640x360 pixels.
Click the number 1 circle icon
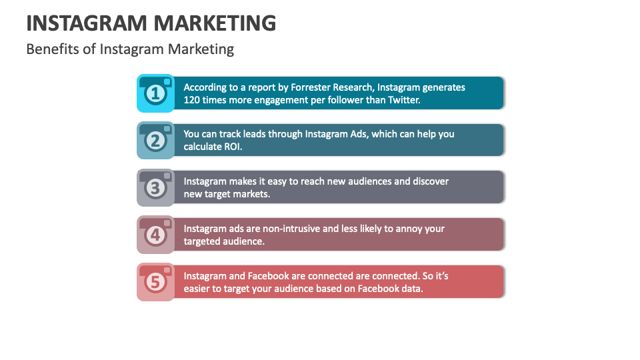pos(155,94)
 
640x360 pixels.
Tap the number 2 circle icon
pos(155,141)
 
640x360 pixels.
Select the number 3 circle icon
pos(155,188)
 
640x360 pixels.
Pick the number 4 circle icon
pos(155,235)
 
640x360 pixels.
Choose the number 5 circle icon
pos(155,283)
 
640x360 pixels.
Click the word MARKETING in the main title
pos(215,23)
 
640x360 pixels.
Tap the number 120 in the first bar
pos(193,100)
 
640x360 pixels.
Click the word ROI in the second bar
pos(232,147)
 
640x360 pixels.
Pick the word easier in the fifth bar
pos(198,289)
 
